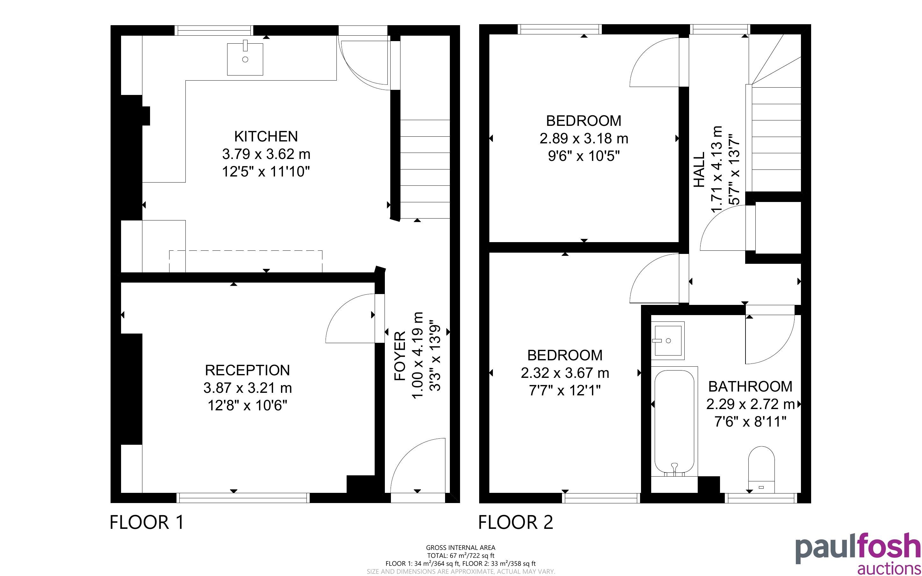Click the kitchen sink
click(245, 59)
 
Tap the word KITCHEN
click(266, 136)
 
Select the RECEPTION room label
click(247, 370)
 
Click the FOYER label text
click(400, 356)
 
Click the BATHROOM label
click(750, 387)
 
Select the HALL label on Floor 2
click(699, 170)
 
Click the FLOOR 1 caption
click(147, 522)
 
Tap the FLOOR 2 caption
click(515, 522)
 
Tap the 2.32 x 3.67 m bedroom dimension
click(565, 373)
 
